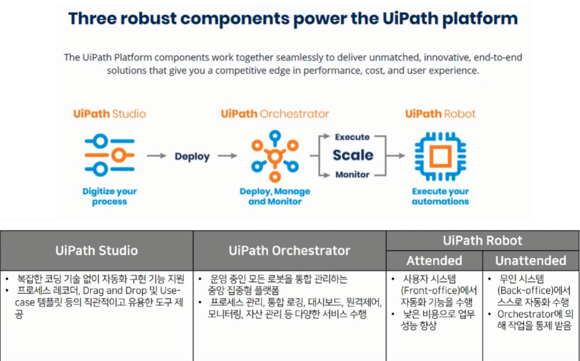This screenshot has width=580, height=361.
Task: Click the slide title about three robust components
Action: pos(293,19)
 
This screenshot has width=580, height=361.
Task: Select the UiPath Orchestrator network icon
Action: pos(275,156)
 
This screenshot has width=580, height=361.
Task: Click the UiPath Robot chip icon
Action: pos(440,156)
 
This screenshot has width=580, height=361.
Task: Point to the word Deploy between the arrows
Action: pos(192,157)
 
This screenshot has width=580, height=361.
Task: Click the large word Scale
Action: pos(353,156)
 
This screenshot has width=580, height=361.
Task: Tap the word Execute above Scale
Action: pos(352,137)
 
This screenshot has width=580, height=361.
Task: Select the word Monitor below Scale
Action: pos(352,175)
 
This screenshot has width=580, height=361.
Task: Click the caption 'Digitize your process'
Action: pos(109,197)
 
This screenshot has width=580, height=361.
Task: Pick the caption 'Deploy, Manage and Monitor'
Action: pos(275,197)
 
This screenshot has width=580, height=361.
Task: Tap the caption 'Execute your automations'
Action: pos(440,197)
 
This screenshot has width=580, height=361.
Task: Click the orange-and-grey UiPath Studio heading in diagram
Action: pos(109,114)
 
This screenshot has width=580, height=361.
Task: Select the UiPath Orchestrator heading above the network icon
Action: pos(275,114)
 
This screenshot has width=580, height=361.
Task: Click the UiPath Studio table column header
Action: pos(96,250)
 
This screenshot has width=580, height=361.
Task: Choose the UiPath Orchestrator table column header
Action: pos(289,250)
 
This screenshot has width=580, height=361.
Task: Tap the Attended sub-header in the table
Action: pos(434,260)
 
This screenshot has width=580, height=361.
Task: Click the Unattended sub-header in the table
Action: pos(531,260)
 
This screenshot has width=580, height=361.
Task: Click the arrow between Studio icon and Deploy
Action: pos(156,156)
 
